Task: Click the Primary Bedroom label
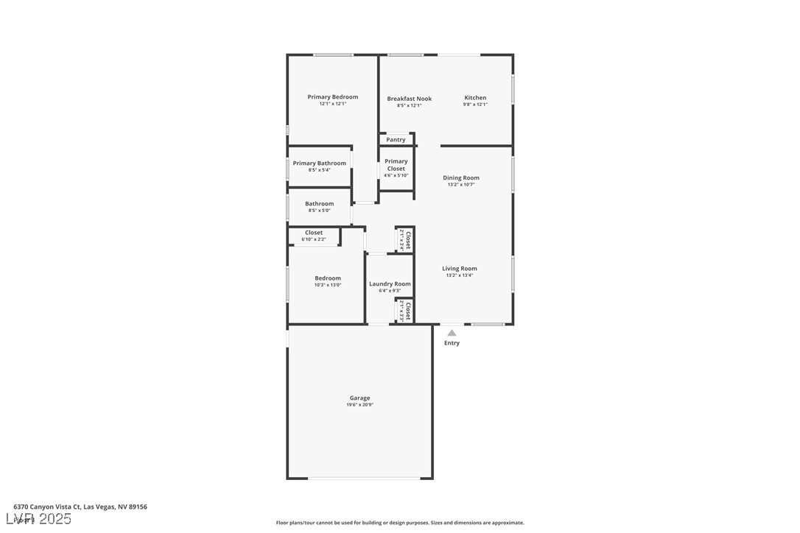click(333, 97)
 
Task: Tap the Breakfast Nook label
click(410, 99)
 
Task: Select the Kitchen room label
click(475, 98)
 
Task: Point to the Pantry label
click(396, 140)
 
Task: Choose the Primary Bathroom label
click(319, 163)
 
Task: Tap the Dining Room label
click(461, 178)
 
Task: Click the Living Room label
click(460, 269)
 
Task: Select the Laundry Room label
click(390, 284)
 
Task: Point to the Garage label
click(359, 398)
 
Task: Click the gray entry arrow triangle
click(452, 333)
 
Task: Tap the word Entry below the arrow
click(452, 343)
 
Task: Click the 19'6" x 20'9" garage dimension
click(359, 405)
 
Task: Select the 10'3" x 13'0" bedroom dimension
click(328, 285)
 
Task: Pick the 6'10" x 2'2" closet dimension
click(314, 239)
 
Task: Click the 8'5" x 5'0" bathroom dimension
click(319, 211)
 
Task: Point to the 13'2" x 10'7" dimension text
click(461, 185)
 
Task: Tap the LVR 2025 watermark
click(42, 519)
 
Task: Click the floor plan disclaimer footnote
click(400, 523)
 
